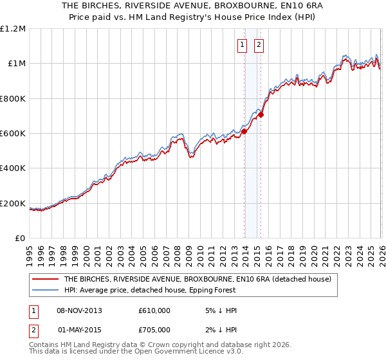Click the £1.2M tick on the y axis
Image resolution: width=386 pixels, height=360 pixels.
point(13,28)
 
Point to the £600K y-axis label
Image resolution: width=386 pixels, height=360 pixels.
point(13,134)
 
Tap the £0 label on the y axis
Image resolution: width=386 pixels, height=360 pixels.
point(21,239)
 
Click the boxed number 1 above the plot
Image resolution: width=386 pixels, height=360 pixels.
point(243,45)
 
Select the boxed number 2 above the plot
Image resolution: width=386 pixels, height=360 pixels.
point(259,45)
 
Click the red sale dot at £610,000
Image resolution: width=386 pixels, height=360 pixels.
point(244,131)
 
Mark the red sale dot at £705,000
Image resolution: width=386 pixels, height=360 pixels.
point(261,115)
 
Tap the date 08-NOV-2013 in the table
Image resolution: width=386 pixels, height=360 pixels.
point(79,310)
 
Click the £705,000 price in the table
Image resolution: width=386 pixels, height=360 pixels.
point(154,330)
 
